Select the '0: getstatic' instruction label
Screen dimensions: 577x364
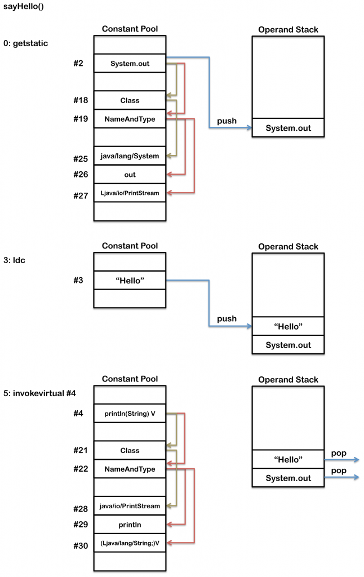tap(26, 43)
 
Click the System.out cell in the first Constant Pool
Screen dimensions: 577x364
tap(130, 64)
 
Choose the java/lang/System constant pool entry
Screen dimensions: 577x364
tap(130, 156)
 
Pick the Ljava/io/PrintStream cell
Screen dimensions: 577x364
tap(130, 193)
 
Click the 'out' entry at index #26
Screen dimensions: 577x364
tap(130, 175)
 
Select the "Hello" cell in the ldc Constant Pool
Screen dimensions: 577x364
tap(130, 281)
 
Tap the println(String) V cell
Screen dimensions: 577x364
tap(130, 414)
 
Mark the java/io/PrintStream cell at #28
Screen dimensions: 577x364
tap(130, 506)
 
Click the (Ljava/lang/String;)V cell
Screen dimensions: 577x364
tap(130, 543)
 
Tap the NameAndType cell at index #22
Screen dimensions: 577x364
tap(130, 469)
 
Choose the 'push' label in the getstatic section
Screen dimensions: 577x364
tap(227, 121)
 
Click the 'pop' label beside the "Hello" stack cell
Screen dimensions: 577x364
tap(339, 453)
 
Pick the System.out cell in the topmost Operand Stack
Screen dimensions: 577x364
tap(288, 128)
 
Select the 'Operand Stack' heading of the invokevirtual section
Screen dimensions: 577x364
tap(288, 380)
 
